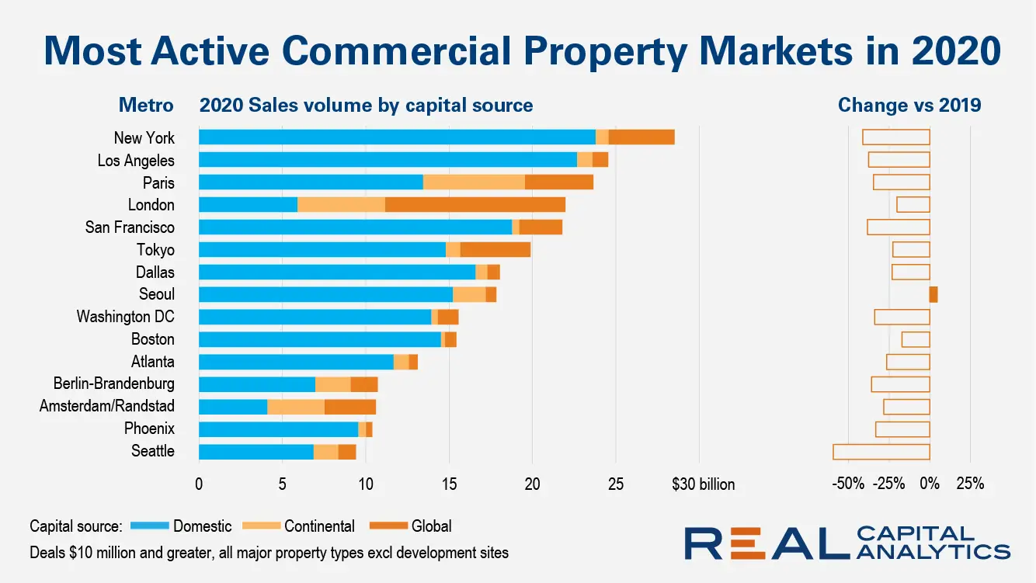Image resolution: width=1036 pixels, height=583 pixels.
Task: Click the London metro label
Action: click(151, 205)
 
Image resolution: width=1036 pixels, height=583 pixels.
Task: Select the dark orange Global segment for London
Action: click(475, 205)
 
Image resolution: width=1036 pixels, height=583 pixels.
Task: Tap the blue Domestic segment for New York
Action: click(397, 137)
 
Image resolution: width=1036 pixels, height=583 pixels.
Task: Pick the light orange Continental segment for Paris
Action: click(474, 182)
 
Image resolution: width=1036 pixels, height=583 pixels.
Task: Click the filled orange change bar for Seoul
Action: click(933, 294)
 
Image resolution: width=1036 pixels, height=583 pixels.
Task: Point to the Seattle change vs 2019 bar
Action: click(881, 451)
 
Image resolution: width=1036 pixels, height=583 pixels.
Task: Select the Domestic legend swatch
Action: click(149, 526)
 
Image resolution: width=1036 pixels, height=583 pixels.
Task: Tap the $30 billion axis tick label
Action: click(703, 484)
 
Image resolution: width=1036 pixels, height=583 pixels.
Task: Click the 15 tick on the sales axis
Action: click(449, 484)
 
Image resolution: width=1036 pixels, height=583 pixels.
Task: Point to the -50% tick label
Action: click(847, 484)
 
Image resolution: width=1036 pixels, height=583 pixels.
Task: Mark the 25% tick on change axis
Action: click(971, 484)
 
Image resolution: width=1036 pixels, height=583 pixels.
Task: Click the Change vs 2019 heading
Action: click(909, 105)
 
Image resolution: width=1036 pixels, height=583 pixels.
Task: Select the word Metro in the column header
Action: click(146, 105)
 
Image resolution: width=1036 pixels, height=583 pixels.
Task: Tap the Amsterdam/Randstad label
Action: click(107, 406)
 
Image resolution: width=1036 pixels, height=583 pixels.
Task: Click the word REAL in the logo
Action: click(765, 543)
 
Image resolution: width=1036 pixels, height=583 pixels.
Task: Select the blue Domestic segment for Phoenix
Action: click(278, 429)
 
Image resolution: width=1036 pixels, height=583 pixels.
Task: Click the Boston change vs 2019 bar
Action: click(916, 339)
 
